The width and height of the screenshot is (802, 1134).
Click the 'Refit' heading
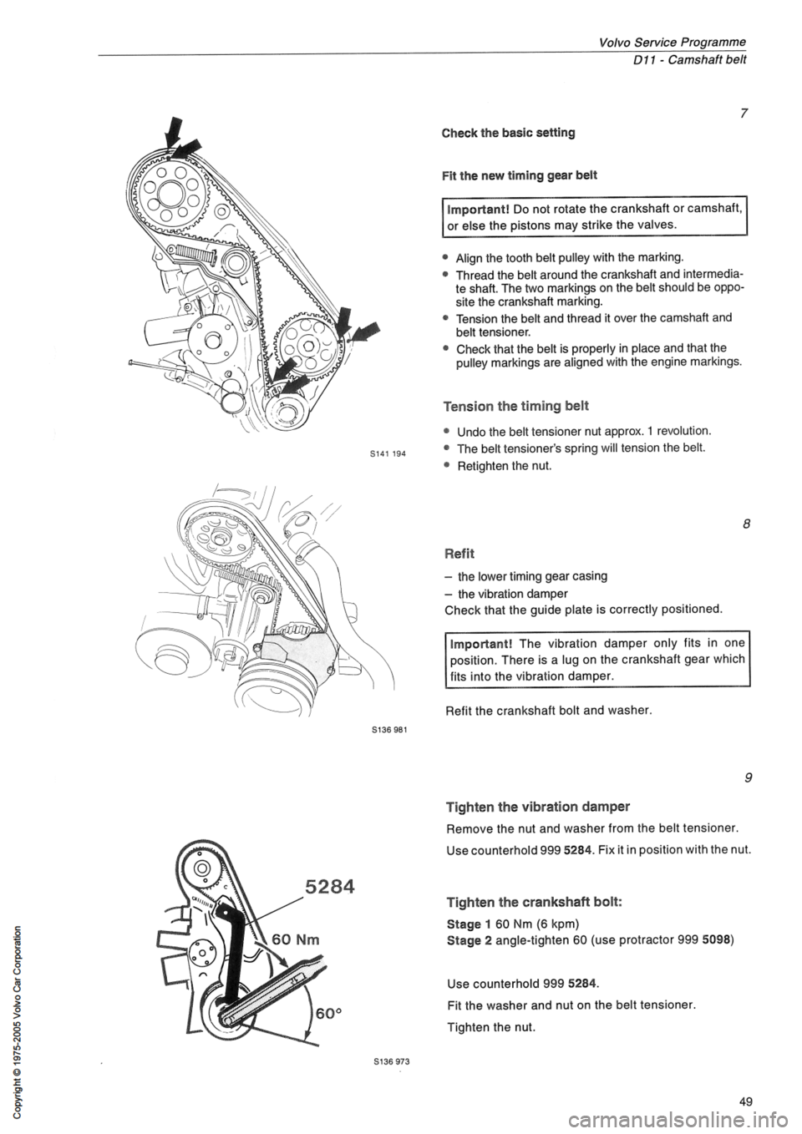459,552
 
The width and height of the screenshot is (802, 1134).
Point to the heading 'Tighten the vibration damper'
538,807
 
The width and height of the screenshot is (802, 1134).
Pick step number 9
743,780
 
